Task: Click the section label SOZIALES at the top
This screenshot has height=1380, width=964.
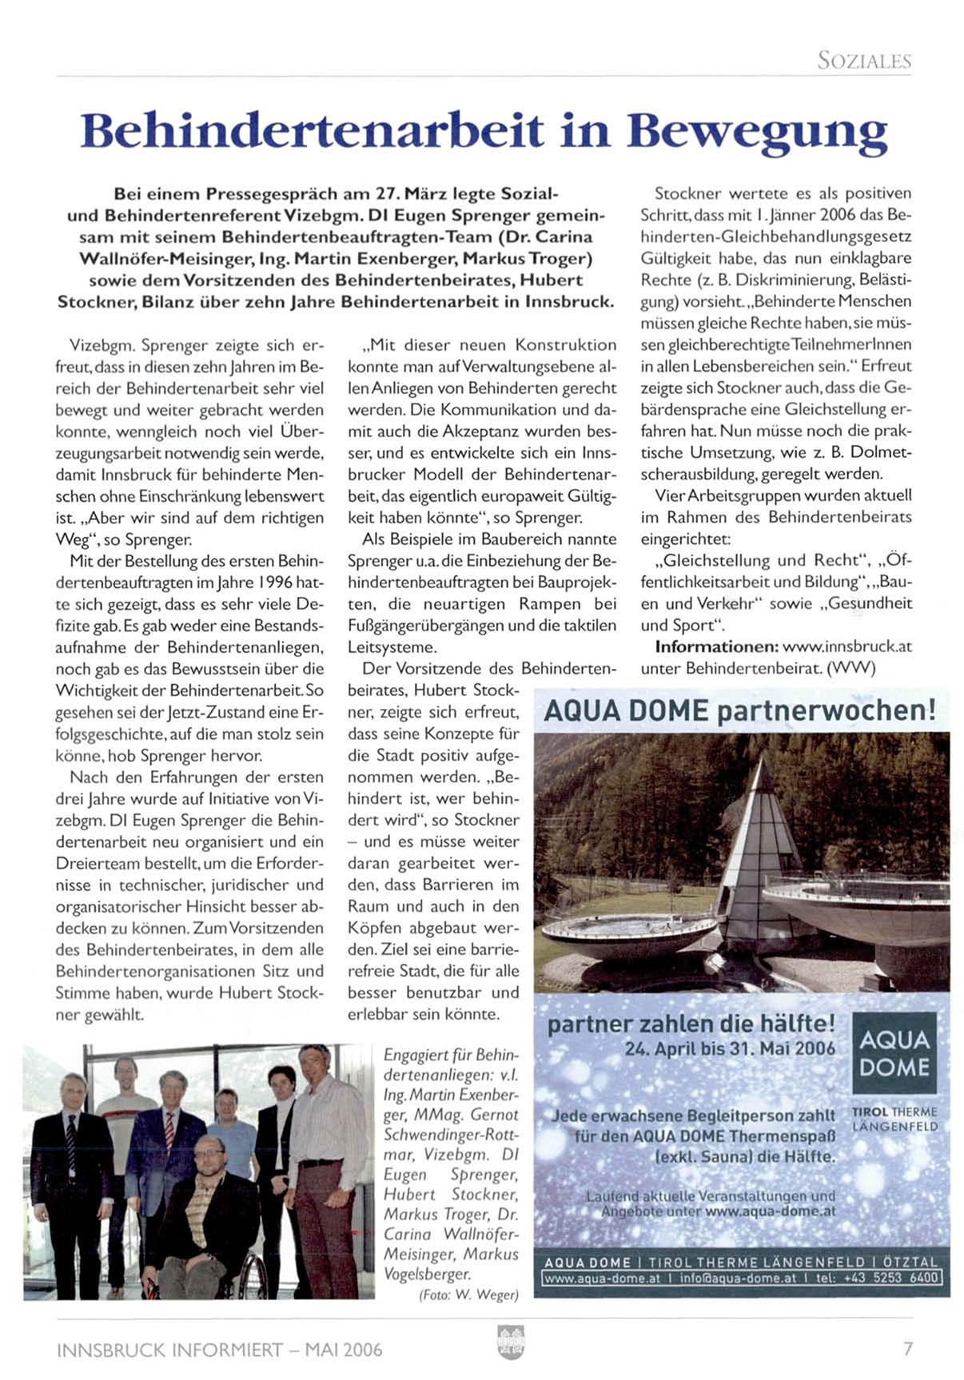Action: coord(863,61)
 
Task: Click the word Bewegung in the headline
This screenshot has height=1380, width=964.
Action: coord(757,132)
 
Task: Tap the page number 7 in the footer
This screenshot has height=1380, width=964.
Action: coord(907,1349)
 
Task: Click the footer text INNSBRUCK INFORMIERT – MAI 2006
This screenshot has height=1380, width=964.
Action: coord(220,1350)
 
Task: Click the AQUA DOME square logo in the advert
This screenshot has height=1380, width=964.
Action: coord(894,1054)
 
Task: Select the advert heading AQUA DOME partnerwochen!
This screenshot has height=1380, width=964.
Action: coord(739,710)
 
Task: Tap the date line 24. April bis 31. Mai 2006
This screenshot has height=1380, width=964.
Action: coord(730,1048)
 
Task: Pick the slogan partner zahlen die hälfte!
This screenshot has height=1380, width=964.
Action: coord(691,1024)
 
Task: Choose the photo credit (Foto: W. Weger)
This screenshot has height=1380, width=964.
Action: coord(468,1295)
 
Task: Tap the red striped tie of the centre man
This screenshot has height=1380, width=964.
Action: coord(169,1127)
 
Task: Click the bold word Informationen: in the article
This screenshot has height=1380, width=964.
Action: coord(716,646)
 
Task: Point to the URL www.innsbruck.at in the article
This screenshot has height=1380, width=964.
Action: coord(846,646)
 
